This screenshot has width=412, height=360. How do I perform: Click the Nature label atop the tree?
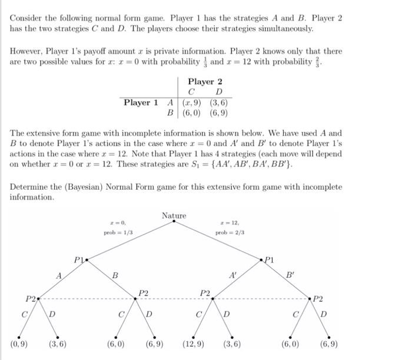click(x=174, y=216)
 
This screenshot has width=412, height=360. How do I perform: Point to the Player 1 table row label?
click(x=141, y=102)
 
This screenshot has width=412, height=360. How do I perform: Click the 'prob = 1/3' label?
click(x=118, y=233)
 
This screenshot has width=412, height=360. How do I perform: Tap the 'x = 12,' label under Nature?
click(x=228, y=223)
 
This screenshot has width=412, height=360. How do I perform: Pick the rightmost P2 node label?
click(x=318, y=299)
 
